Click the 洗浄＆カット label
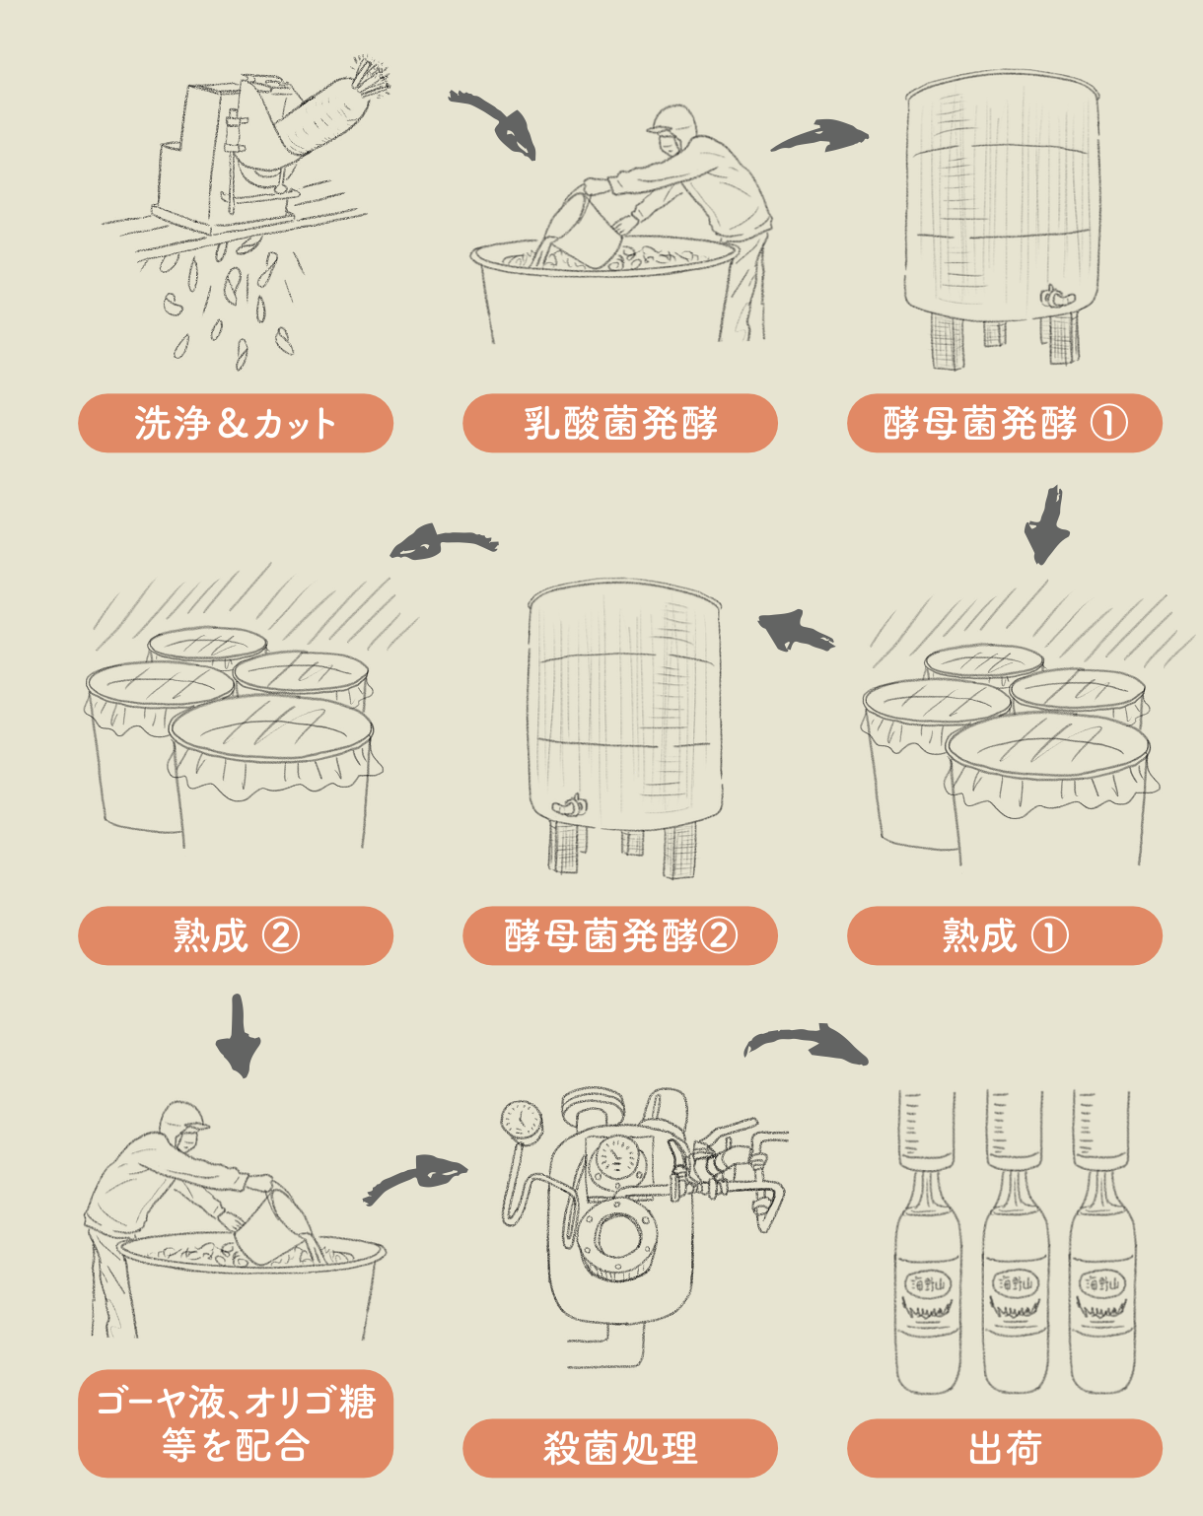coord(236,423)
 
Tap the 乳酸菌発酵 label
coord(620,423)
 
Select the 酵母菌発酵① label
coord(1005,423)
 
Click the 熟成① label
coord(1005,935)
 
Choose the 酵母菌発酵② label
coord(620,935)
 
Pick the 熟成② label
coord(236,935)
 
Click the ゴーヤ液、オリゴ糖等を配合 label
coord(236,1423)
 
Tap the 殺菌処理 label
coord(620,1448)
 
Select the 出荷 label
coord(1005,1448)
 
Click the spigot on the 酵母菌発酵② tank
coord(570,807)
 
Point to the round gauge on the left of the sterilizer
coord(521,1121)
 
